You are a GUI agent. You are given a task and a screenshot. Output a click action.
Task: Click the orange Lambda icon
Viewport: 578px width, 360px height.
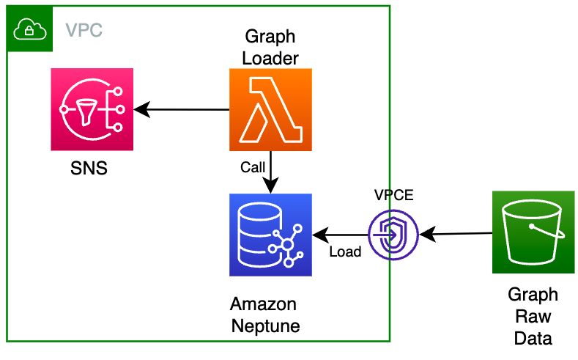[x=270, y=110]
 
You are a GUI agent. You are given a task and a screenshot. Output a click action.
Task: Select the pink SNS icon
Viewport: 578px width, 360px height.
[x=92, y=110]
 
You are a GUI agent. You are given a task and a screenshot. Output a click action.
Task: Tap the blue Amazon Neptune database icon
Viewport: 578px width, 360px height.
[x=270, y=235]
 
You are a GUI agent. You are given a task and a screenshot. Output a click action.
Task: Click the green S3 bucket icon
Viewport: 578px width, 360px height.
[x=533, y=232]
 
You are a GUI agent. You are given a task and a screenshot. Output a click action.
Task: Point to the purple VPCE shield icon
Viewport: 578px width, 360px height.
[x=393, y=235]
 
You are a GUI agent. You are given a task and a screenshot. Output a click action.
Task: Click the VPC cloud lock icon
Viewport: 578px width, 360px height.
[x=28, y=29]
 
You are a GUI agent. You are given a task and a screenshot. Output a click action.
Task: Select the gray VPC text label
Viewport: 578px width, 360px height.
[x=84, y=31]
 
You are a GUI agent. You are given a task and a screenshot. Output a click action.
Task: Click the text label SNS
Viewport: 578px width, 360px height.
[x=89, y=168]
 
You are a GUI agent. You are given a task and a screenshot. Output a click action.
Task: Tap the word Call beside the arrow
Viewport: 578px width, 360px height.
[x=253, y=168]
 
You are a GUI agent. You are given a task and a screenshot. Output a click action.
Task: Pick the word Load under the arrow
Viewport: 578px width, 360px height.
[x=345, y=252]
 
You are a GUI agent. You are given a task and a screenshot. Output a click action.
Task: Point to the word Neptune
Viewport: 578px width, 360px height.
[x=265, y=326]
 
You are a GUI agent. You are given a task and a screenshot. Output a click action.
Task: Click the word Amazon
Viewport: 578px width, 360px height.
[x=264, y=305]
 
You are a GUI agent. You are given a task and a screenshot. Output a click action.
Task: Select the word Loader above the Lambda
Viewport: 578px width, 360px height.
[x=270, y=57]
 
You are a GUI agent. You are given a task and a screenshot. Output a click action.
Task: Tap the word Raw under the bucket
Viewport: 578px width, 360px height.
[x=533, y=317]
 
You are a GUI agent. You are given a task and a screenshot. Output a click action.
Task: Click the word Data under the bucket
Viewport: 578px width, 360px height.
[x=533, y=338]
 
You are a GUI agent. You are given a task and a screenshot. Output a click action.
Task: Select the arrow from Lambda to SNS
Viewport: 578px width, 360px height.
[x=183, y=110]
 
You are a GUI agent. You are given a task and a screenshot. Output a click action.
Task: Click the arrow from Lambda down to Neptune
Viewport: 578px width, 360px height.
[x=271, y=172]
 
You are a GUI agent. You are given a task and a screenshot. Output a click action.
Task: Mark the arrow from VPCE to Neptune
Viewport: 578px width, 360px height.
[x=340, y=235]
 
